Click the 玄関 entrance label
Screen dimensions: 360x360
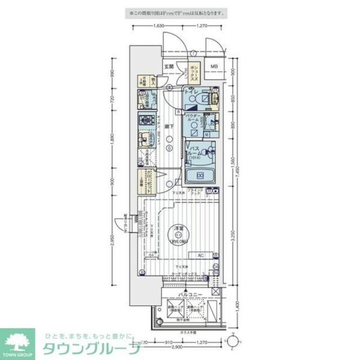click(169, 67)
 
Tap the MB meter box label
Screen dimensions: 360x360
click(214, 67)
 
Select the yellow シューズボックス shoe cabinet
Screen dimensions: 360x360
click(193, 73)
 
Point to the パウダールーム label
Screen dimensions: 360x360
click(193, 121)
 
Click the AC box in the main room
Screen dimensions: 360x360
click(200, 255)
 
